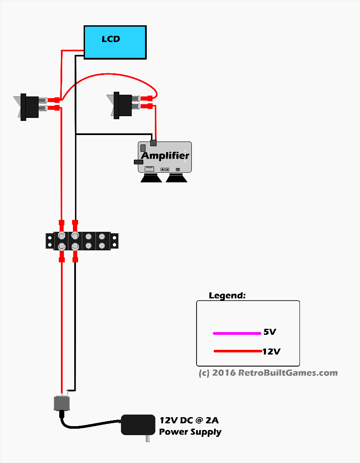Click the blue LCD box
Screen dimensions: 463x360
[115, 42]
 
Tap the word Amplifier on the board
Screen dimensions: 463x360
[165, 155]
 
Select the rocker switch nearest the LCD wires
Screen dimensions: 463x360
[29, 106]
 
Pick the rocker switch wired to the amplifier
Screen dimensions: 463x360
[122, 105]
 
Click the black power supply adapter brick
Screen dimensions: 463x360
[138, 424]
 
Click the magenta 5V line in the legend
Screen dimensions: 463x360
[237, 333]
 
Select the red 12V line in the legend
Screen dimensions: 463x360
[237, 352]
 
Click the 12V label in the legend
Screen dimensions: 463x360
[271, 352]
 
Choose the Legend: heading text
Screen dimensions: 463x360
[227, 295]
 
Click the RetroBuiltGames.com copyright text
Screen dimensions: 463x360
[268, 373]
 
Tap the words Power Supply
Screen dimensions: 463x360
[190, 432]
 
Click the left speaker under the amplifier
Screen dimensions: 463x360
[151, 178]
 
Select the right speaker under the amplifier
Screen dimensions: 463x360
[176, 178]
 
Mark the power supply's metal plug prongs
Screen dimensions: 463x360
[148, 439]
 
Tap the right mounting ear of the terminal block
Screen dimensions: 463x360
[115, 241]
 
